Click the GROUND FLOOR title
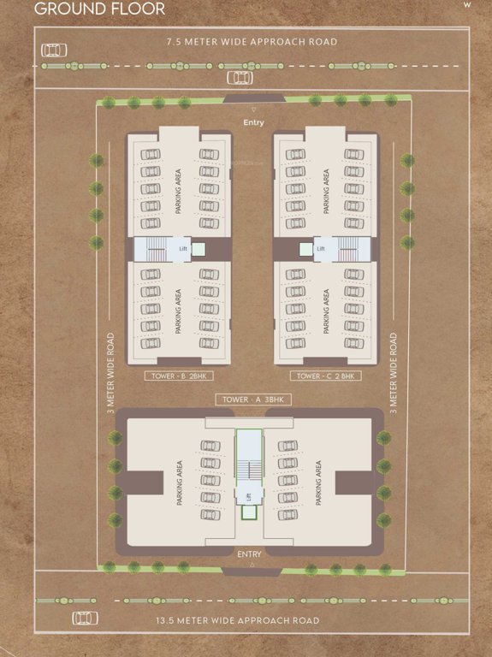pyautogui.click(x=88, y=9)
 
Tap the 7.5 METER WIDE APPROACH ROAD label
pyautogui.click(x=252, y=41)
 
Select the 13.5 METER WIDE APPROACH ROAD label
pyautogui.click(x=250, y=620)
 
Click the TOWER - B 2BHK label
pyautogui.click(x=179, y=376)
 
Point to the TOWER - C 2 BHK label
pyautogui.click(x=325, y=376)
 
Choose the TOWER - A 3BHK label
pyautogui.click(x=252, y=400)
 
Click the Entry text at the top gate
pyautogui.click(x=253, y=122)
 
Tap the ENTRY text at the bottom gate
pyautogui.click(x=249, y=553)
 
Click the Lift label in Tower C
pyautogui.click(x=322, y=249)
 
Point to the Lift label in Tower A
pyautogui.click(x=249, y=497)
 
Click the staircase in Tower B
pyautogui.click(x=157, y=250)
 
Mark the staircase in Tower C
pyautogui.click(x=347, y=250)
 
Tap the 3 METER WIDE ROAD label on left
pyautogui.click(x=110, y=374)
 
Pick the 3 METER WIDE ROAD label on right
pyautogui.click(x=393, y=374)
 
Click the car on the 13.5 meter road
pyautogui.click(x=84, y=618)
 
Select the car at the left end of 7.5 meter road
pyautogui.click(x=55, y=50)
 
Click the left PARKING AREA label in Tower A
pyautogui.click(x=181, y=484)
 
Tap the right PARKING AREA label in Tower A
pyautogui.click(x=317, y=484)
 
